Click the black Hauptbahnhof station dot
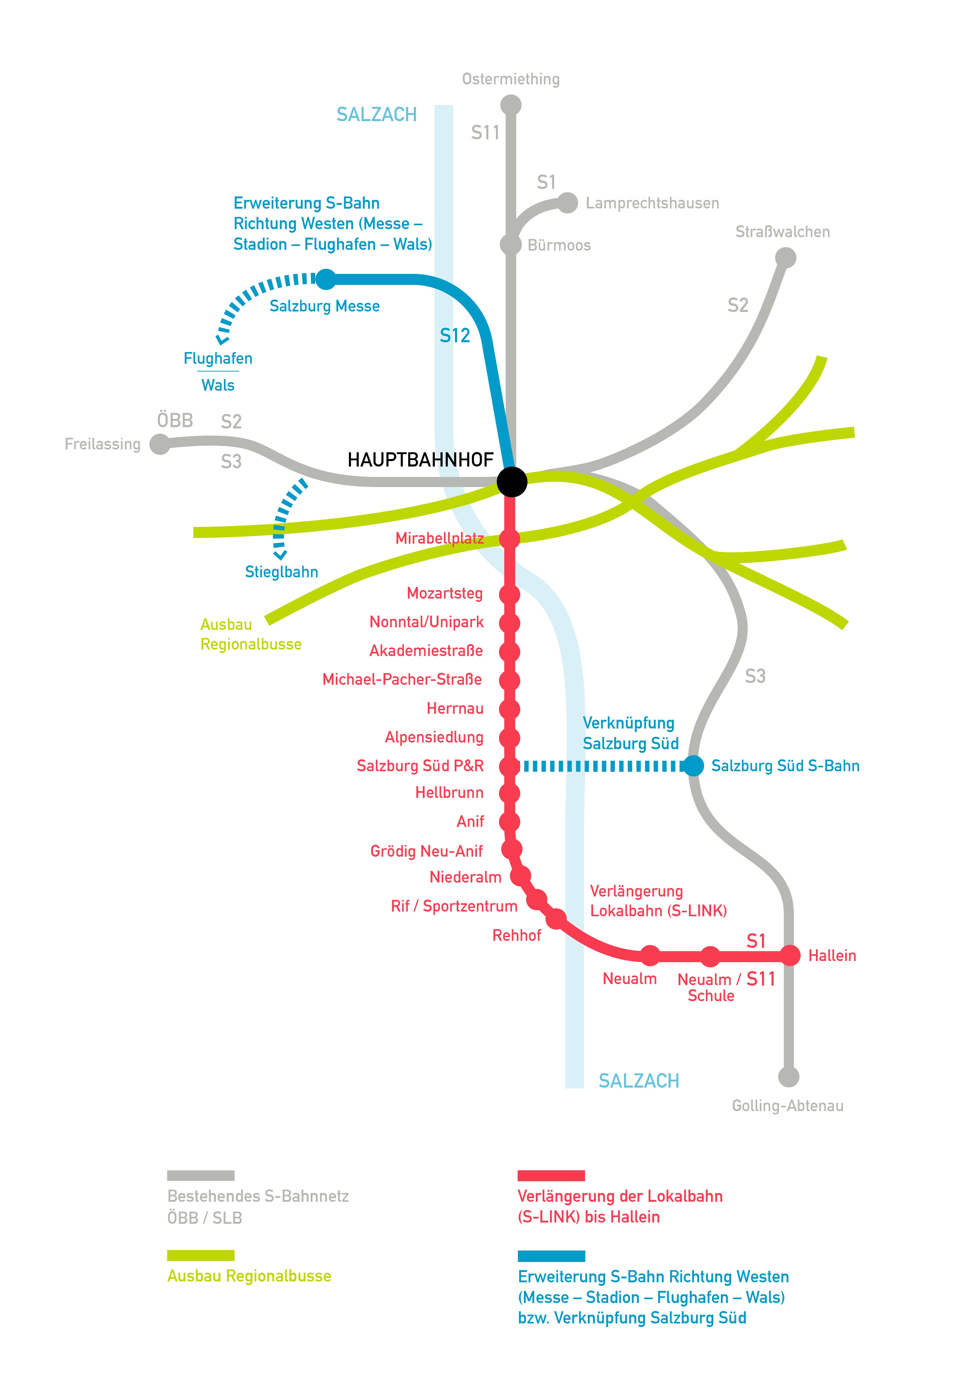512,481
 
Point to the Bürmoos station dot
511,245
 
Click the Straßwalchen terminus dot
785,258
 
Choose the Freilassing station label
102,444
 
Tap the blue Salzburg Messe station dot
326,279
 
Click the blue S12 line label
454,336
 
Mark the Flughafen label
218,358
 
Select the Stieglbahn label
281,572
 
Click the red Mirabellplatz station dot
509,538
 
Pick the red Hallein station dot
790,955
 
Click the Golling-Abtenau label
788,1106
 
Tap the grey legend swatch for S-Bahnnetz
201,1175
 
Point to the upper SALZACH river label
376,114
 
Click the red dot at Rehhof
556,919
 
